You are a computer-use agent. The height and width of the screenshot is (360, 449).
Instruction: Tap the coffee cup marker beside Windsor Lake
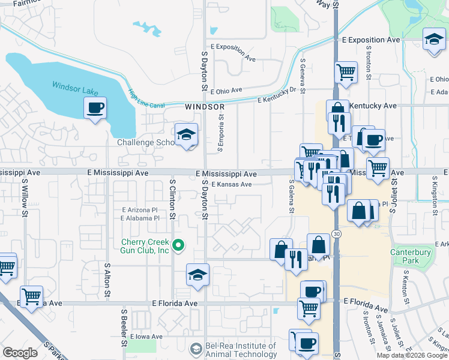coord(95,109)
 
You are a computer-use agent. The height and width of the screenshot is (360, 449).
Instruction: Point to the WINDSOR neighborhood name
coord(204,106)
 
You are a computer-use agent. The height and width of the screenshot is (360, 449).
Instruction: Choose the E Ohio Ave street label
coord(225,90)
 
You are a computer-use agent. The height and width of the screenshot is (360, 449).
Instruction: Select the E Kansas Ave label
coord(231,184)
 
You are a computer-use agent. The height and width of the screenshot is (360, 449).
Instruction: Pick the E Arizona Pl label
coord(139,210)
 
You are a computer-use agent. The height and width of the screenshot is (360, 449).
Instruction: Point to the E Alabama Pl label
coord(139,218)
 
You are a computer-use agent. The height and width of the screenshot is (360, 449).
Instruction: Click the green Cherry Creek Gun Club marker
coord(178,245)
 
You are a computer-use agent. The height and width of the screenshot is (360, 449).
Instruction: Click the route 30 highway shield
coord(337,234)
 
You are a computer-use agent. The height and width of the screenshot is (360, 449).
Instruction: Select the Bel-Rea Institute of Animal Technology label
coord(241,349)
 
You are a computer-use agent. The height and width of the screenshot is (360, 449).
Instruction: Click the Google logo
coord(20,352)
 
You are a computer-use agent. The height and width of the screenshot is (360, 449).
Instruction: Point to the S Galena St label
coord(291,196)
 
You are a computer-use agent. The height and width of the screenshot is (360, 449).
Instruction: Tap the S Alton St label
coord(107,280)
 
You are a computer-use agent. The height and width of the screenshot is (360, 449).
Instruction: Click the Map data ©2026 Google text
coord(411,355)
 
